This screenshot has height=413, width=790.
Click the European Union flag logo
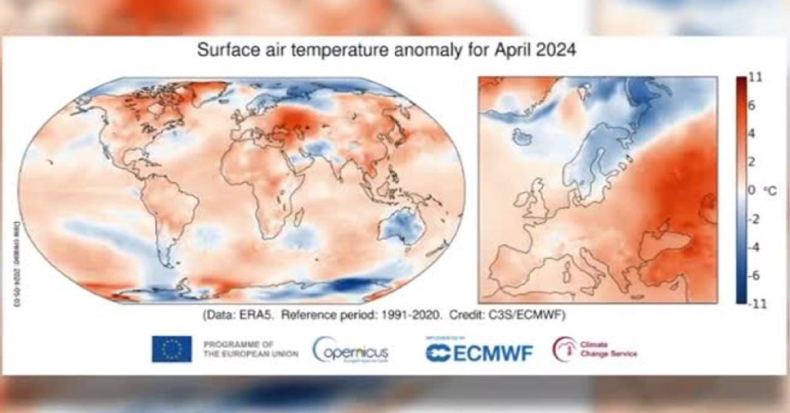[x=172, y=349]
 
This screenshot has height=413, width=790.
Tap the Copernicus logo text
[x=350, y=350]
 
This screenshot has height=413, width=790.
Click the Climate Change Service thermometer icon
[x=564, y=349]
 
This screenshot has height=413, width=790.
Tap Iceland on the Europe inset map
[x=523, y=137]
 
